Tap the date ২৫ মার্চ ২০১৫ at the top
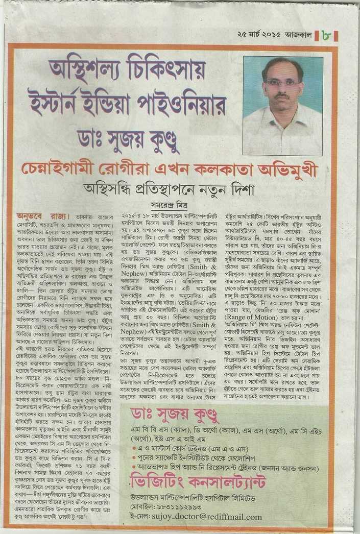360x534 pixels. pyautogui.click(x=259, y=36)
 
